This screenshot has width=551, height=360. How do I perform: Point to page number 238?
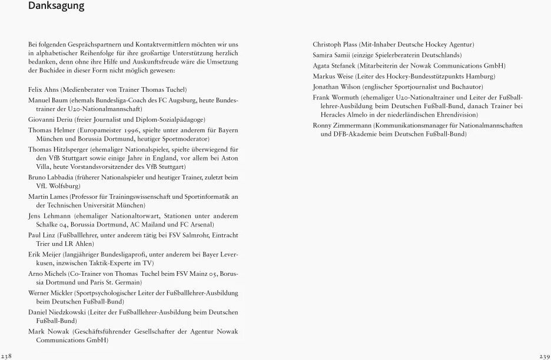click(6, 356)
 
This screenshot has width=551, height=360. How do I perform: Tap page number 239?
click(544, 356)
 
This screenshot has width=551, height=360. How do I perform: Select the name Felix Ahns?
click(42, 89)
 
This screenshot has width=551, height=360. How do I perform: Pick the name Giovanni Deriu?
click(48, 118)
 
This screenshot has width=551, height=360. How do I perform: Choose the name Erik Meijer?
click(44, 255)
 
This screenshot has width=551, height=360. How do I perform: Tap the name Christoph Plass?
click(335, 44)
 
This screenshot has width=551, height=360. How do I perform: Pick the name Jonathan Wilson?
click(336, 87)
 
